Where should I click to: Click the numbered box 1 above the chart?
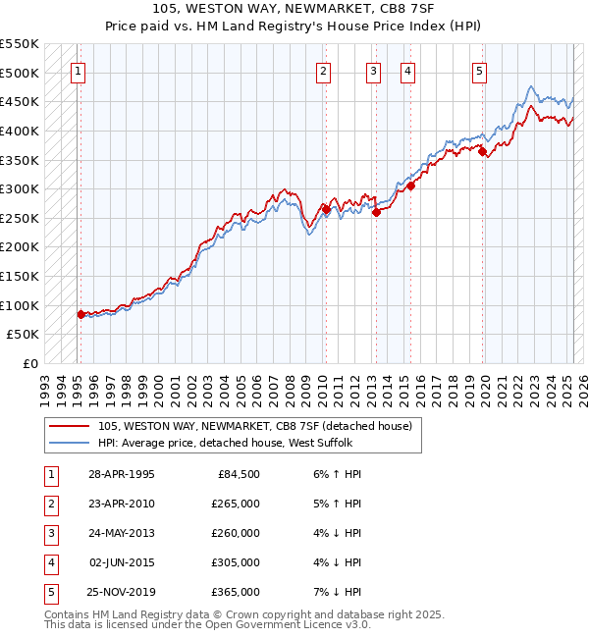(78, 71)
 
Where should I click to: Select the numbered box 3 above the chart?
(374, 71)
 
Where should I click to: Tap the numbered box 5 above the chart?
(479, 71)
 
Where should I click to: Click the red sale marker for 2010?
(325, 209)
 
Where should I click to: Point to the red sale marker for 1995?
(80, 314)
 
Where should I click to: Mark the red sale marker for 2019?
(482, 151)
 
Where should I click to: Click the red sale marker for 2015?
(410, 186)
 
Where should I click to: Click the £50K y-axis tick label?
(24, 335)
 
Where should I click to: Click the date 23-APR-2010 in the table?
(122, 504)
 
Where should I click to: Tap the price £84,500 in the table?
(240, 474)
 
